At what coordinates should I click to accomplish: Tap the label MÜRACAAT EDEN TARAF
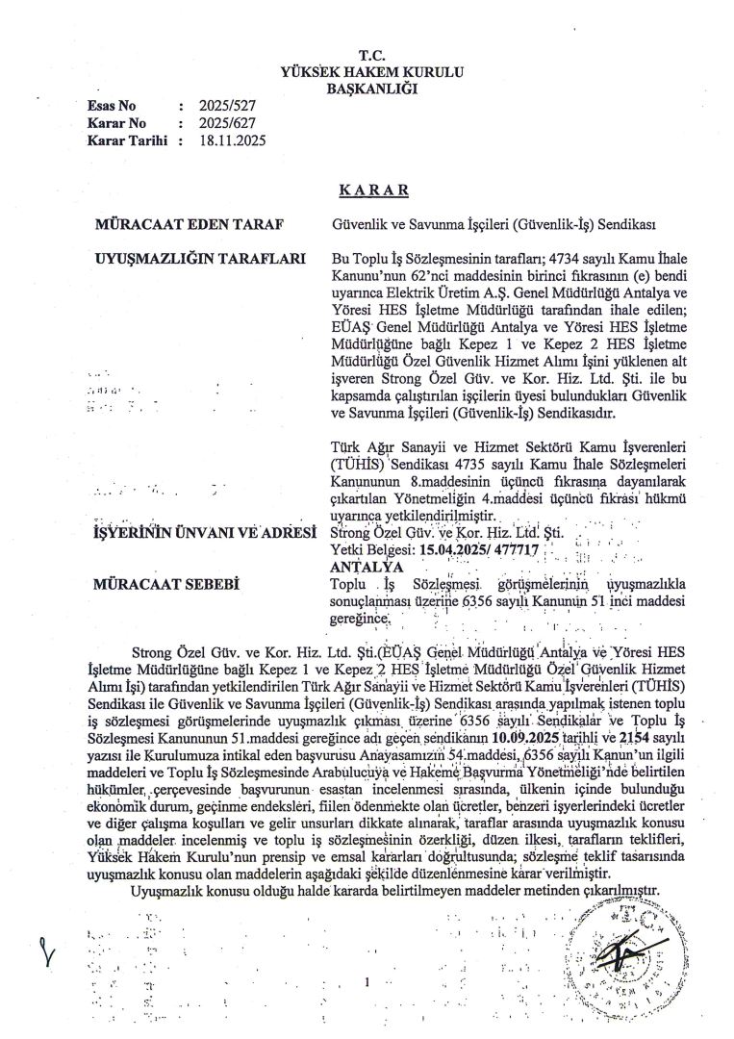coord(189,225)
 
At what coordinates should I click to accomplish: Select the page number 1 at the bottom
coord(367,982)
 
